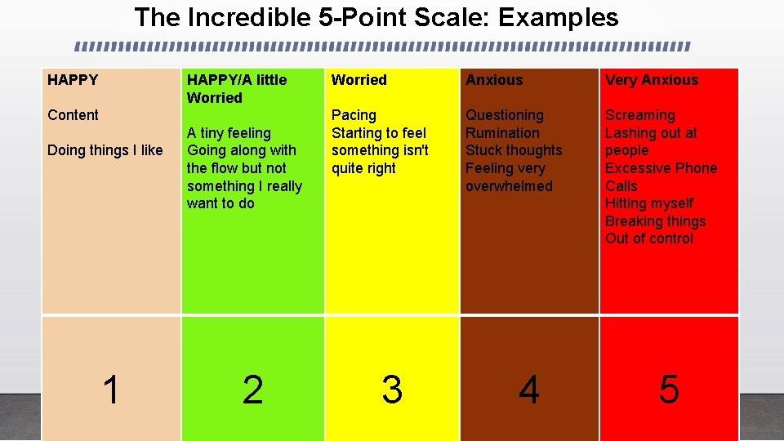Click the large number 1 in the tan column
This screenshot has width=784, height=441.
click(x=111, y=390)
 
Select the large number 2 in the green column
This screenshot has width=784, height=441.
click(x=252, y=390)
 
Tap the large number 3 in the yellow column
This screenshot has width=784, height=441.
click(x=392, y=390)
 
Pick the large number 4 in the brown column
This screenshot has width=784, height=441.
click(x=529, y=390)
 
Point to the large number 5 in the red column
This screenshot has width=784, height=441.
click(x=669, y=390)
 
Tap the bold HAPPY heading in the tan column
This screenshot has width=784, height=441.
click(x=73, y=80)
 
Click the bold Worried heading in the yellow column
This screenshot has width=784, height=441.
click(x=359, y=80)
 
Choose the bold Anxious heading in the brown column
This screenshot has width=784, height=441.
click(x=494, y=80)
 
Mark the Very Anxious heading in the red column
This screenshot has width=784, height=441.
click(x=652, y=80)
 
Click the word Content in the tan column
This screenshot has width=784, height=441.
click(x=73, y=115)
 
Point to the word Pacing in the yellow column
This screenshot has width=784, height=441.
click(x=354, y=115)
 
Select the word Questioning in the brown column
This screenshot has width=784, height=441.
click(x=504, y=115)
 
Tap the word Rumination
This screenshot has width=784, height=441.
click(x=502, y=133)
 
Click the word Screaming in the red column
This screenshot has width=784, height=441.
click(x=639, y=115)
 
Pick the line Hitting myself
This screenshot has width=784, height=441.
click(x=648, y=203)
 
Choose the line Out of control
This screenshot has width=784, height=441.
click(x=648, y=238)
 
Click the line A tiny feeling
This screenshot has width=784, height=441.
click(x=229, y=133)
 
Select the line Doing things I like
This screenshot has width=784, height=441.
click(x=105, y=150)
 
